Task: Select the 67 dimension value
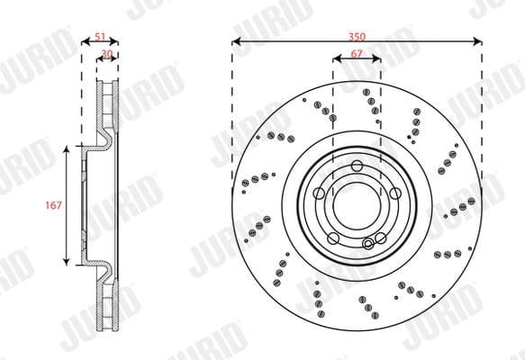[357, 54]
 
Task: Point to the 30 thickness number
[106, 54]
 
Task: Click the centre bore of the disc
[357, 203]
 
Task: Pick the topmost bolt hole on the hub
[357, 165]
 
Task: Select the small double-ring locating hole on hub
[368, 242]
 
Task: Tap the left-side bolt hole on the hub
[320, 192]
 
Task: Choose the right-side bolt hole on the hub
[394, 192]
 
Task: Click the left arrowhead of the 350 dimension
[235, 40]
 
